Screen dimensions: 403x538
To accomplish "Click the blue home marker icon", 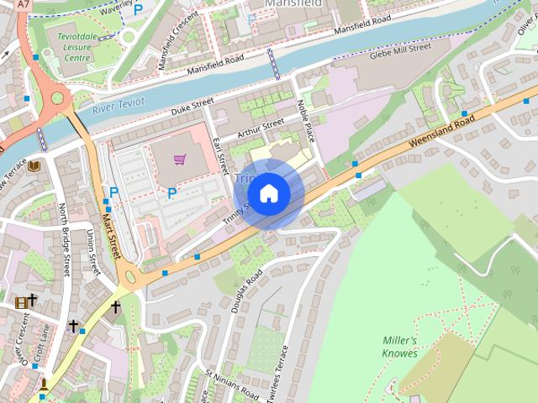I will [x=269, y=194].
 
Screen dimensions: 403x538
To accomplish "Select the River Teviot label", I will [x=118, y=103].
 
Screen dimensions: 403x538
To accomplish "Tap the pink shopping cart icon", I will [x=179, y=160].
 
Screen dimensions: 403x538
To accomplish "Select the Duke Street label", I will [x=193, y=107].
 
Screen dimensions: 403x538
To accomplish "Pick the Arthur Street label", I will [x=261, y=128].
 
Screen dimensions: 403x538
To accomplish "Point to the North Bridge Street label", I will [x=66, y=240].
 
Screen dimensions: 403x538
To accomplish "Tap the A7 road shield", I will [x=24, y=4].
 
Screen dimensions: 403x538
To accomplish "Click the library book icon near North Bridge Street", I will [x=34, y=167].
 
